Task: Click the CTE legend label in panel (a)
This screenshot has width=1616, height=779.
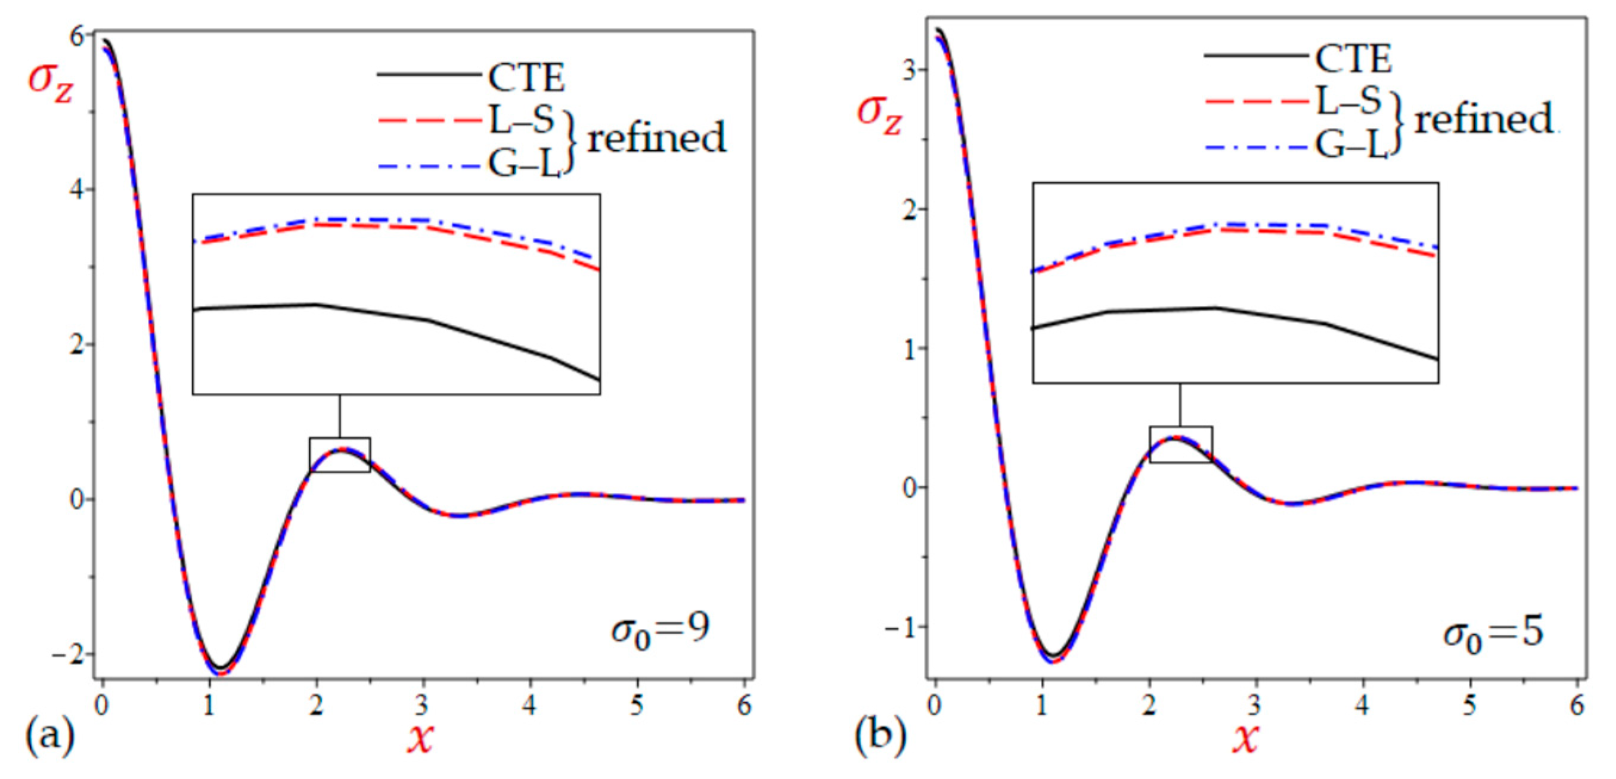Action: point(526,79)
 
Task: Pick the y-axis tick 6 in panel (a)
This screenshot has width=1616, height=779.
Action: point(77,36)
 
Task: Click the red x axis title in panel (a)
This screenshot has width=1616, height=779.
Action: point(420,738)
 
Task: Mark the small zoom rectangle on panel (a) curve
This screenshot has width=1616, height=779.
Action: point(339,455)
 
